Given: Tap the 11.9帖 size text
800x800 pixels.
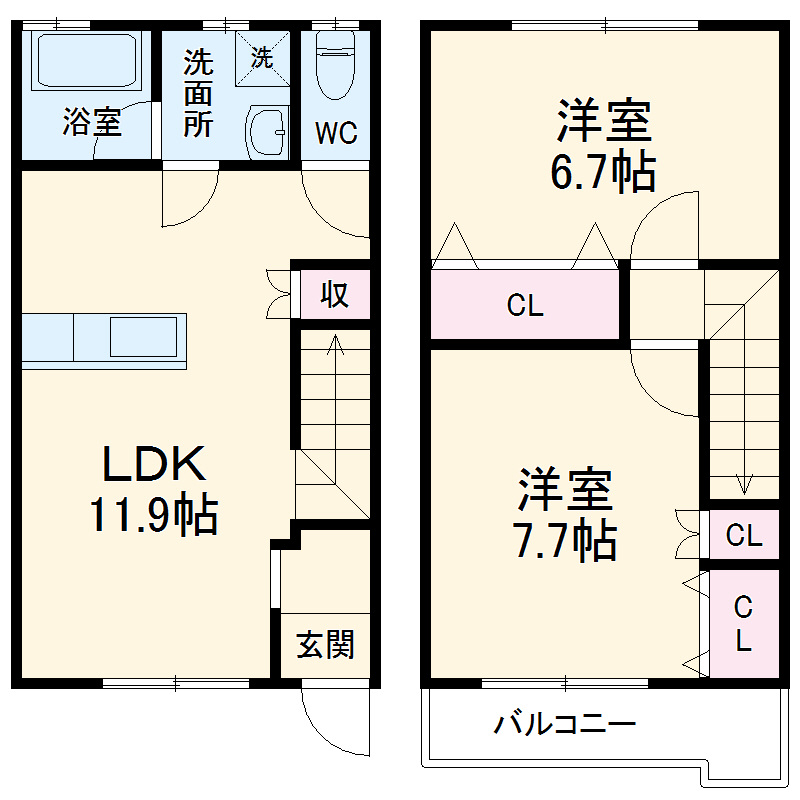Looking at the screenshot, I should click(155, 515).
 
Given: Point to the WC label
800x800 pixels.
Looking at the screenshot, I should click(336, 134).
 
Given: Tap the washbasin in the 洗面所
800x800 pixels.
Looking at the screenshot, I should click(267, 130).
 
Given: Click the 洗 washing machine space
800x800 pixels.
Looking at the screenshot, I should click(261, 58).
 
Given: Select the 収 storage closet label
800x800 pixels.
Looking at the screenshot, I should click(335, 294).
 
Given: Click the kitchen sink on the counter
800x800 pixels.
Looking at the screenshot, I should click(145, 335).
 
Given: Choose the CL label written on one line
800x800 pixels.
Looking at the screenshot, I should click(744, 536).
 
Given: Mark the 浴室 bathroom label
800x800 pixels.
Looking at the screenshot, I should click(92, 123).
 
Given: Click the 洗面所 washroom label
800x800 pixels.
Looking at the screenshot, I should click(198, 95).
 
